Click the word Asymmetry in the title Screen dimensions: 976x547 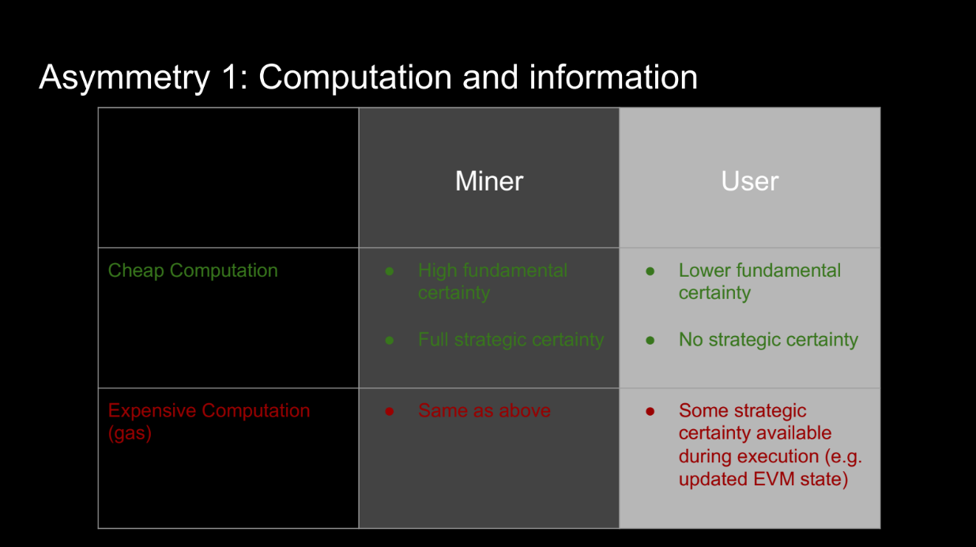125,77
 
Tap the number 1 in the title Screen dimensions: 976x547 231,77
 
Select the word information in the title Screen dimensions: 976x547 613,77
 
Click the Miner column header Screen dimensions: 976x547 489,181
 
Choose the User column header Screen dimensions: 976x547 750,181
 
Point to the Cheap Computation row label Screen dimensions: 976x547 193,270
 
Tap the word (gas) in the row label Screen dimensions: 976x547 130,433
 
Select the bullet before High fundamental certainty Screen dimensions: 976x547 390,272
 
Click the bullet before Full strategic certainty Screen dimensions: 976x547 390,341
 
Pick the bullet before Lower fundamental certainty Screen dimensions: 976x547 650,272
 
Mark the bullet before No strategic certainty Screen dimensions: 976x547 650,341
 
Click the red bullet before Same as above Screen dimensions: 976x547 390,412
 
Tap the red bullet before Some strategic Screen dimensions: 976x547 650,412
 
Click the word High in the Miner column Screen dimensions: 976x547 438,271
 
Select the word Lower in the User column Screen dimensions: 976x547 705,270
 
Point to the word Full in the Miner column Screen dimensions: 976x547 433,340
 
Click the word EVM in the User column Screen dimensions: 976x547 774,479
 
